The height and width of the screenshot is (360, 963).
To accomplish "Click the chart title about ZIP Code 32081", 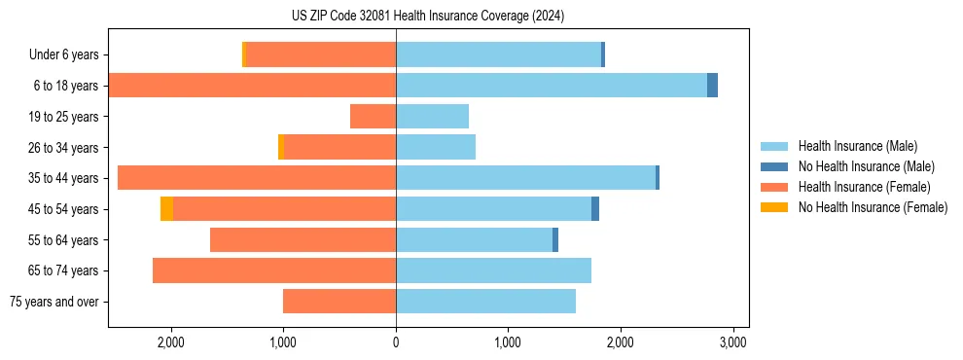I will (427, 17).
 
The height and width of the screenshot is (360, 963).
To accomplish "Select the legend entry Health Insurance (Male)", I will (857, 146).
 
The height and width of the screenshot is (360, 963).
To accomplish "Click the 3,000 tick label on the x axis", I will (732, 343).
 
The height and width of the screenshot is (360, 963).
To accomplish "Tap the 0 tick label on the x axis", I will (396, 343).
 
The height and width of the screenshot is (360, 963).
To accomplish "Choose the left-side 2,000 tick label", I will (171, 343).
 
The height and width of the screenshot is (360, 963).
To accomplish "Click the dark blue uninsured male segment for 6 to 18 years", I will (712, 86).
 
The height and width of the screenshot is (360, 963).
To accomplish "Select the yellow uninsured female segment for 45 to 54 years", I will (166, 209).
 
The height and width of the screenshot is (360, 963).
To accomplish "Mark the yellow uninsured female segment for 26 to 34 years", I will (281, 147).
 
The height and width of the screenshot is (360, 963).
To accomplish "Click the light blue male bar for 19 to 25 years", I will (432, 117).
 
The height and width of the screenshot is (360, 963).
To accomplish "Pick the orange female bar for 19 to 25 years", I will (373, 117).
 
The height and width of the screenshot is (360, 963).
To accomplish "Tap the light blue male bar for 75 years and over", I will (485, 302).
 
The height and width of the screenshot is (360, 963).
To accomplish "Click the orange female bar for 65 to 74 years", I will (274, 270).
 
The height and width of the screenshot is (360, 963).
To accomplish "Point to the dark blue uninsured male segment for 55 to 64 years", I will (555, 240).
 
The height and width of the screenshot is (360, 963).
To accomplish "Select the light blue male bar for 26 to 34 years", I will (436, 147).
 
